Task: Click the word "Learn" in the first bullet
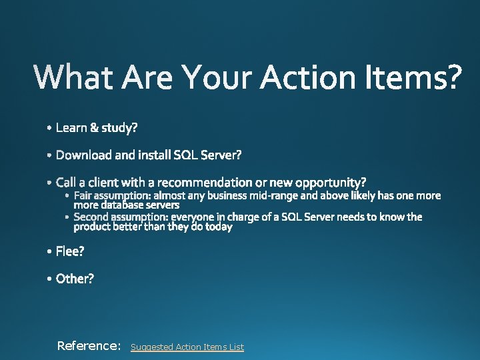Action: pos(72,127)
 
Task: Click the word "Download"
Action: pos(84,155)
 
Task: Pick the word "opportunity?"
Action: pos(331,182)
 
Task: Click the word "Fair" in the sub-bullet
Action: pos(84,195)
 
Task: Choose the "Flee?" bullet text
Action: pos(70,251)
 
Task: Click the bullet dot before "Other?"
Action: pos(51,279)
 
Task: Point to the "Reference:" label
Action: pos(89,345)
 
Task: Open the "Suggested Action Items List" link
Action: pos(187,347)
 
